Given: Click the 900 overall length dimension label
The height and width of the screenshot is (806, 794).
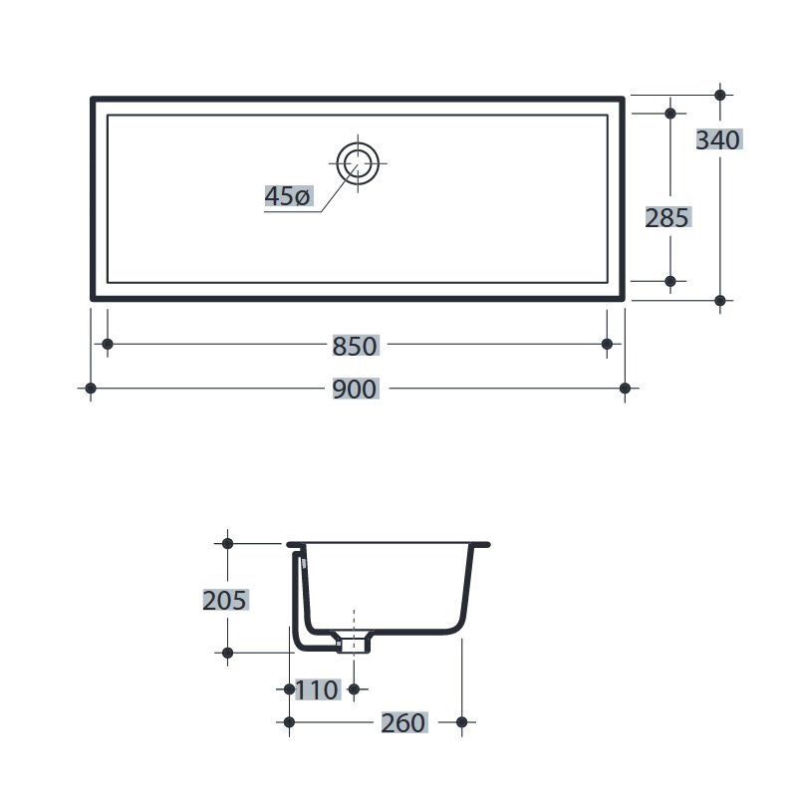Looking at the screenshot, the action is click(x=355, y=390).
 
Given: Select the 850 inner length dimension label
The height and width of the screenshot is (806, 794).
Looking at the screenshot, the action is click(x=355, y=346).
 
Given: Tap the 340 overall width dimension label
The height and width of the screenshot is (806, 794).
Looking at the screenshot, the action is click(x=718, y=139).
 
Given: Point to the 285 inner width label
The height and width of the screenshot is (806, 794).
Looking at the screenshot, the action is click(x=667, y=218).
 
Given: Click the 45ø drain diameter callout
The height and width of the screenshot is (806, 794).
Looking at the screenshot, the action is click(x=288, y=196).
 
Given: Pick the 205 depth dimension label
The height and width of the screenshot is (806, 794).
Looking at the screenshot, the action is click(x=225, y=600).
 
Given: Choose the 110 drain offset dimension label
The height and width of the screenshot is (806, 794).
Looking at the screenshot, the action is click(x=318, y=689).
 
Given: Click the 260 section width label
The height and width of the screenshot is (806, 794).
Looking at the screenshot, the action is click(x=403, y=722).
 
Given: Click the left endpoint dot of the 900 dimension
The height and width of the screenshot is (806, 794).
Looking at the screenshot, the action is click(x=91, y=389).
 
